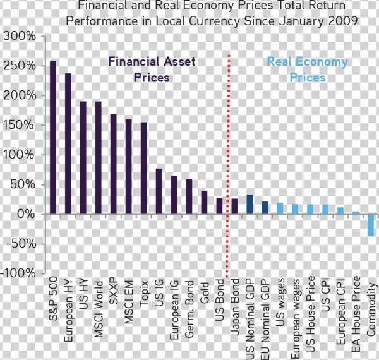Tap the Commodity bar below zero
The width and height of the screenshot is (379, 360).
(371, 225)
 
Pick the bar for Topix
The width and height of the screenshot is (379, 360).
(144, 168)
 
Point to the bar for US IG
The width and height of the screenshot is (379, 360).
(159, 191)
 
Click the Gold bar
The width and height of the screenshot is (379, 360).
(204, 202)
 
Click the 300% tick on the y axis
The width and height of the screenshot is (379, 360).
(20, 36)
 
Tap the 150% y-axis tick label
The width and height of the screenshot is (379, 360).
(20, 125)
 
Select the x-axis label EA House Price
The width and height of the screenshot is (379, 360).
(356, 312)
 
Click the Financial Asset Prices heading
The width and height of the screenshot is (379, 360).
(152, 69)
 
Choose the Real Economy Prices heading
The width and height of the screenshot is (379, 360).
(307, 69)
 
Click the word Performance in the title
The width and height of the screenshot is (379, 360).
(103, 20)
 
